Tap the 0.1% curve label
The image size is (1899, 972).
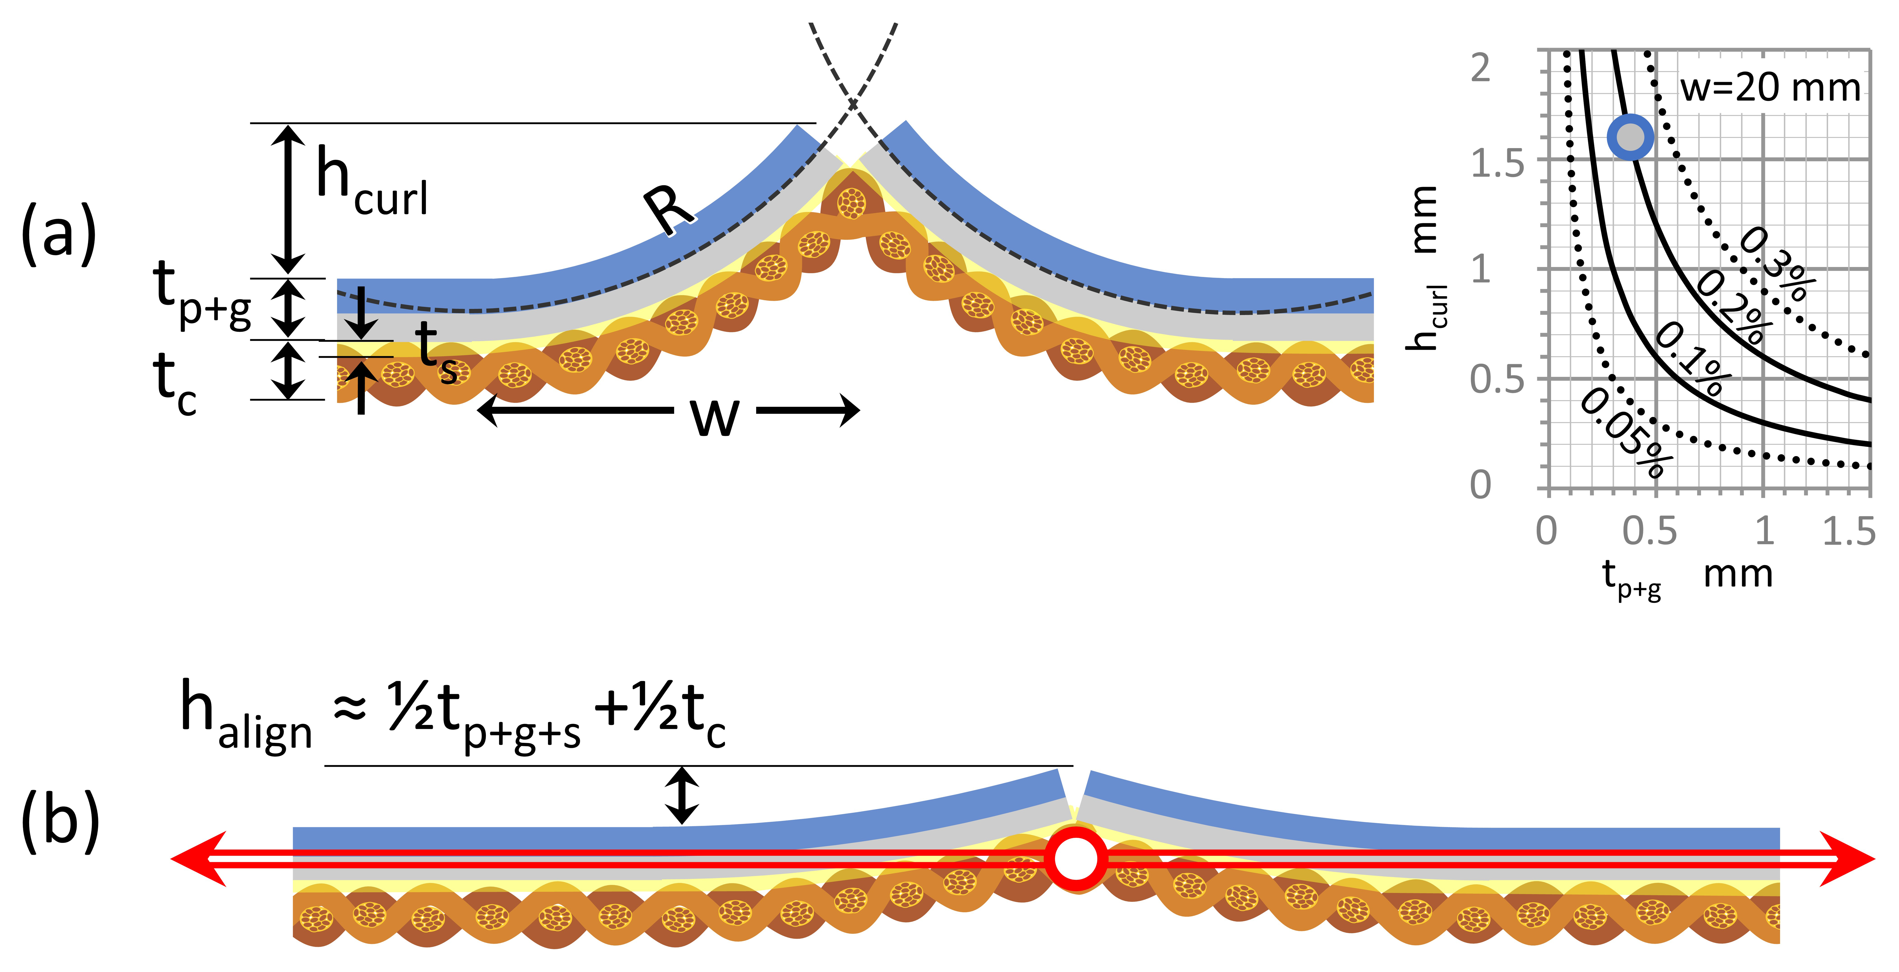(1692, 359)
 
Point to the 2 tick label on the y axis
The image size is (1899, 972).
(1480, 69)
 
